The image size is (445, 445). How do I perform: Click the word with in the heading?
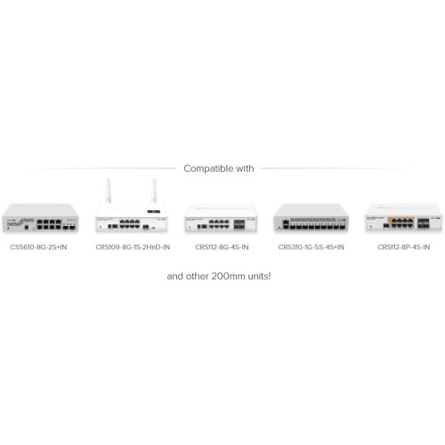245,168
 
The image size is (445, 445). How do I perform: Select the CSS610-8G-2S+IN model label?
38,247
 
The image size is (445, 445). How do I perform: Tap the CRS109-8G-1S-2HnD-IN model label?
133,247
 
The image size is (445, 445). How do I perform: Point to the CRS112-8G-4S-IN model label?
222,247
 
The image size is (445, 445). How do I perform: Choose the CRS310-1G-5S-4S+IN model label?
311,247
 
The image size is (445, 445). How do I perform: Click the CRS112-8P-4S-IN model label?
403,247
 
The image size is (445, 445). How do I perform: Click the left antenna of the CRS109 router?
109,190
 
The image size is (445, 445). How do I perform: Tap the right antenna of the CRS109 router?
154,190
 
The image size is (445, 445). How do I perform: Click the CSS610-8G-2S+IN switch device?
40,218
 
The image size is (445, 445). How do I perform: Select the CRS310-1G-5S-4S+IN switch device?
311,218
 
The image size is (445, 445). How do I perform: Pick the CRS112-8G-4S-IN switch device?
221,218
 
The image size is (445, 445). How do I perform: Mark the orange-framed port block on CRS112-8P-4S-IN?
401,222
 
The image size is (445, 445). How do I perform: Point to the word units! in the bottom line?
261,276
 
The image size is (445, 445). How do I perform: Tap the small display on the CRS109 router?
154,212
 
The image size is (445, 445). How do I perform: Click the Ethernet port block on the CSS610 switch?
49,224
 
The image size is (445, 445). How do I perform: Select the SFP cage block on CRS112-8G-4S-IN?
239,224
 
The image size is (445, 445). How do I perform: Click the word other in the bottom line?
197,276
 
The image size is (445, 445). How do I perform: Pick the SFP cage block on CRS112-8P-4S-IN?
424,223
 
